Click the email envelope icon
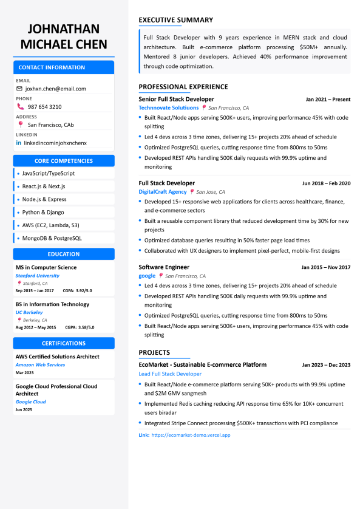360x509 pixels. click(19, 89)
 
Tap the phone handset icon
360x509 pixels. click(19, 107)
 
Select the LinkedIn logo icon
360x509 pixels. click(19, 143)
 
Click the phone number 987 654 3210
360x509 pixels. click(44, 107)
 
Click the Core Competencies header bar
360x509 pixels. click(64, 161)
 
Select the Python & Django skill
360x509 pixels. click(43, 213)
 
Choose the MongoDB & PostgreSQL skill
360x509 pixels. click(52, 238)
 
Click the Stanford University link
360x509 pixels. click(38, 276)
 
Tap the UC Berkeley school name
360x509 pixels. click(29, 312)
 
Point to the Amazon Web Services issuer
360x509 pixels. click(40, 365)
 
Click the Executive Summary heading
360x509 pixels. click(175, 20)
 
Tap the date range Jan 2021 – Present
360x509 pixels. click(328, 100)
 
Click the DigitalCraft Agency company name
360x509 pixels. click(163, 191)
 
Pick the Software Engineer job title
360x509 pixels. click(164, 267)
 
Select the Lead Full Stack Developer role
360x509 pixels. click(170, 374)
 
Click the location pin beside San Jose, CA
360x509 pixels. click(192, 191)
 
